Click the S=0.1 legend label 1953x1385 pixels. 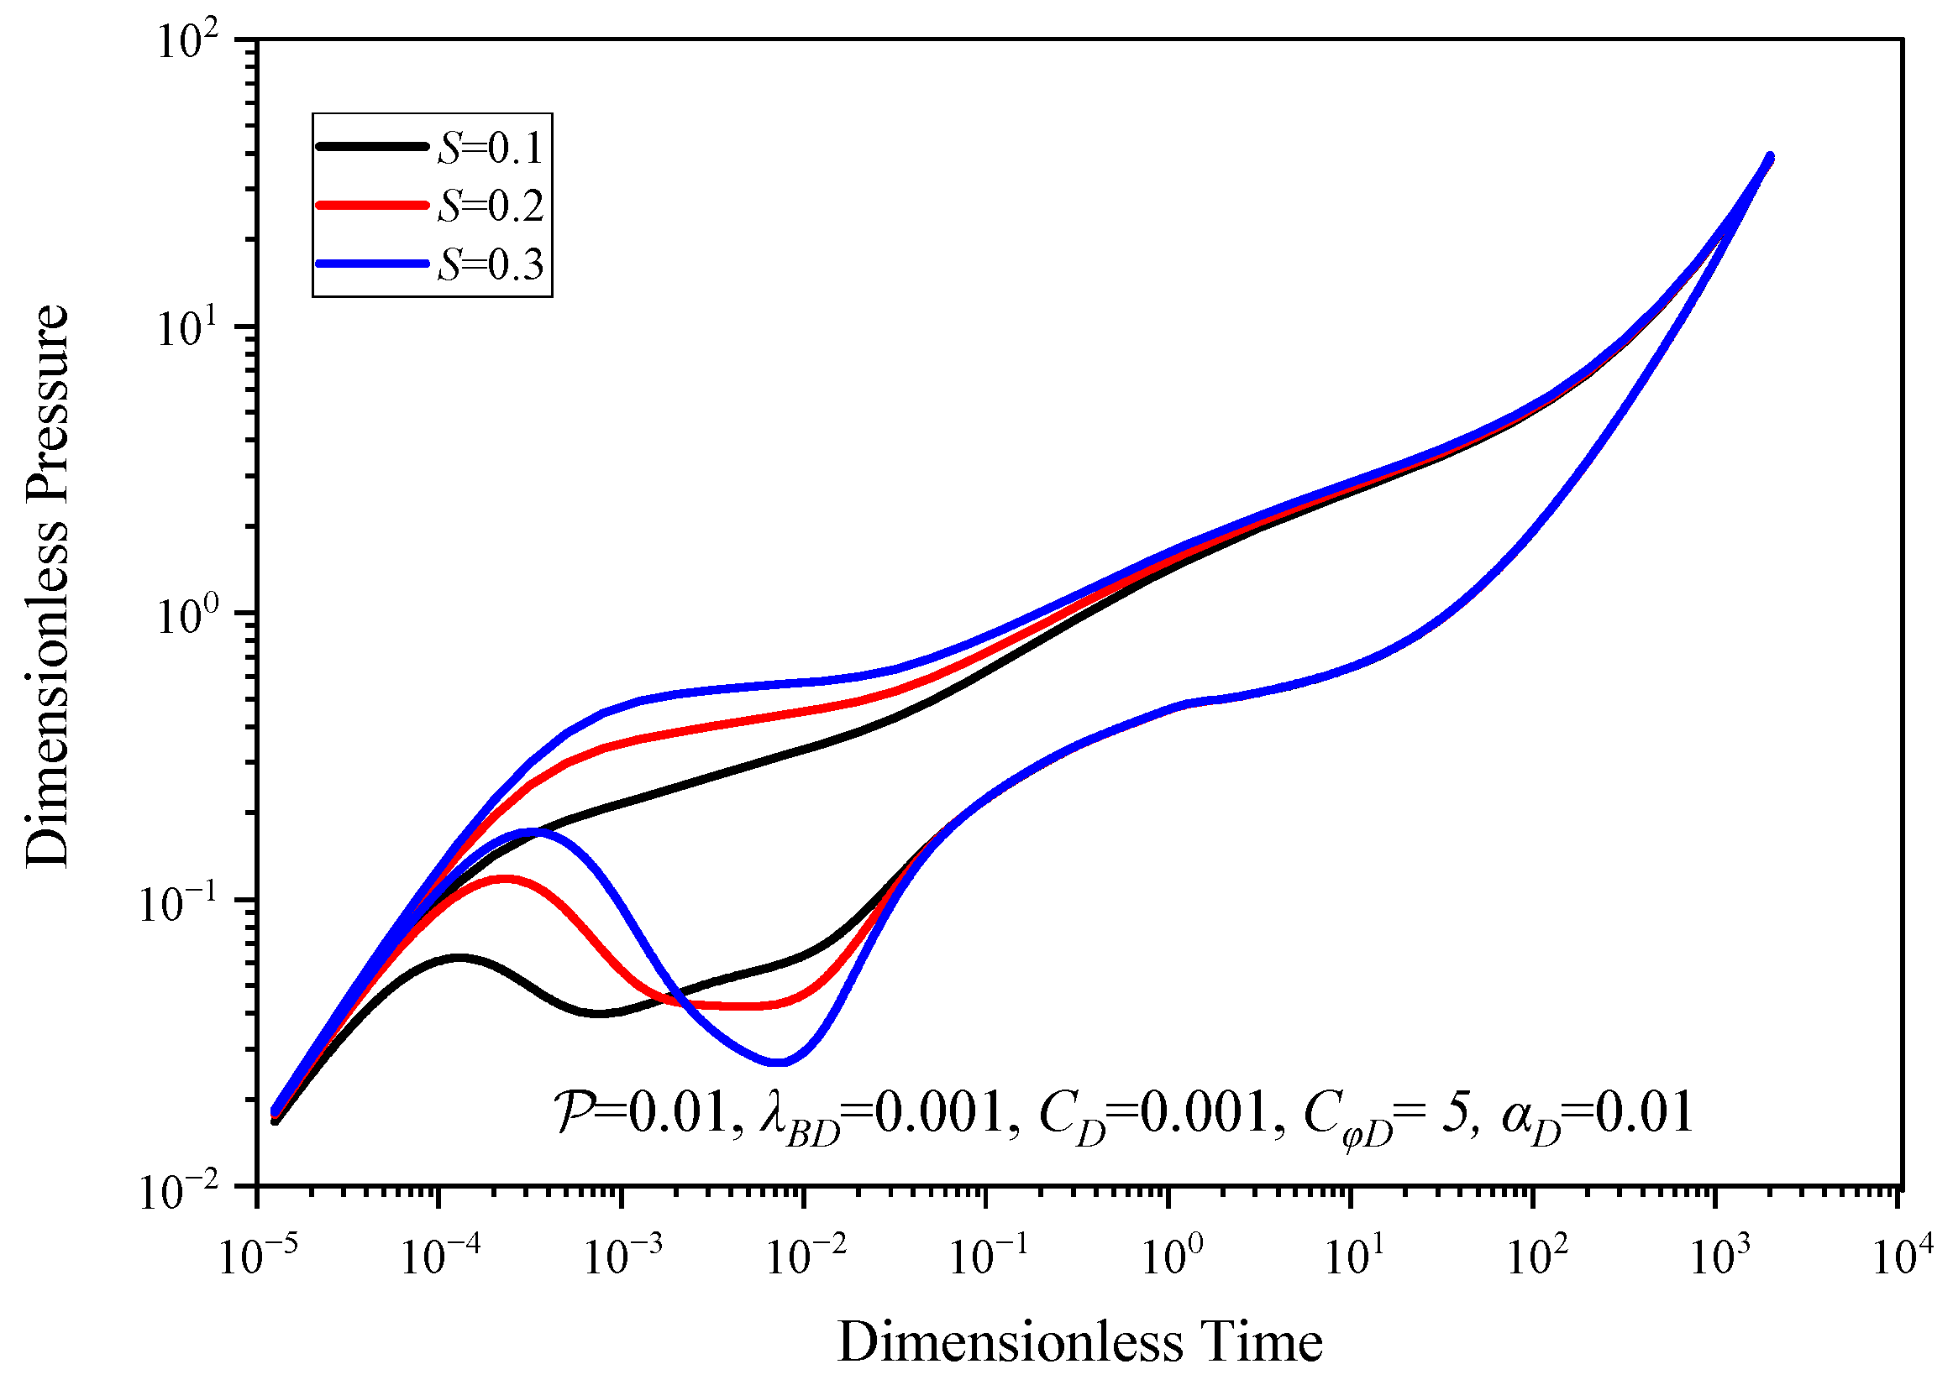click(490, 148)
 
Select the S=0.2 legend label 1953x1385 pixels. click(490, 206)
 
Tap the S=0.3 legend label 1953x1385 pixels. click(490, 264)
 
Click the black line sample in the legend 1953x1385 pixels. click(372, 147)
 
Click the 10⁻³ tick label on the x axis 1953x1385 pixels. click(622, 1257)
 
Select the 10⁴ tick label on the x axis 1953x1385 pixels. click(1902, 1257)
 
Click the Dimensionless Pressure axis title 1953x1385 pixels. click(46, 586)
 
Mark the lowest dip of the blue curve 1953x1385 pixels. click(778, 1063)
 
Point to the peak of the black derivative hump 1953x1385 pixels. click(459, 957)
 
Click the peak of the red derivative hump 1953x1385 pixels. click(505, 877)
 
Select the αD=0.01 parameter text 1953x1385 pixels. click(1595, 1115)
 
